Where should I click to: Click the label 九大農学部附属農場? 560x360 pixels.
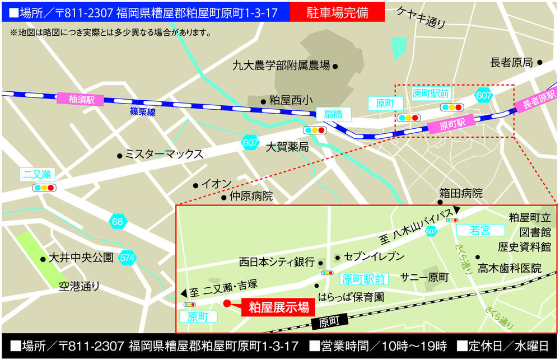(x=282, y=66)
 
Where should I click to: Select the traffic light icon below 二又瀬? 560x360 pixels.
(x=44, y=188)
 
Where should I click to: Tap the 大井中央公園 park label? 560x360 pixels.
(x=81, y=258)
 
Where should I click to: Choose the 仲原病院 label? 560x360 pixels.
(x=251, y=197)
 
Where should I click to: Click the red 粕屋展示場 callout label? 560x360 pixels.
(x=278, y=307)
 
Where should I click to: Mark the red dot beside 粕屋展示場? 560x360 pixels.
(x=227, y=304)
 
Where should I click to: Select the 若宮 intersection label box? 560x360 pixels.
(x=480, y=230)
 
